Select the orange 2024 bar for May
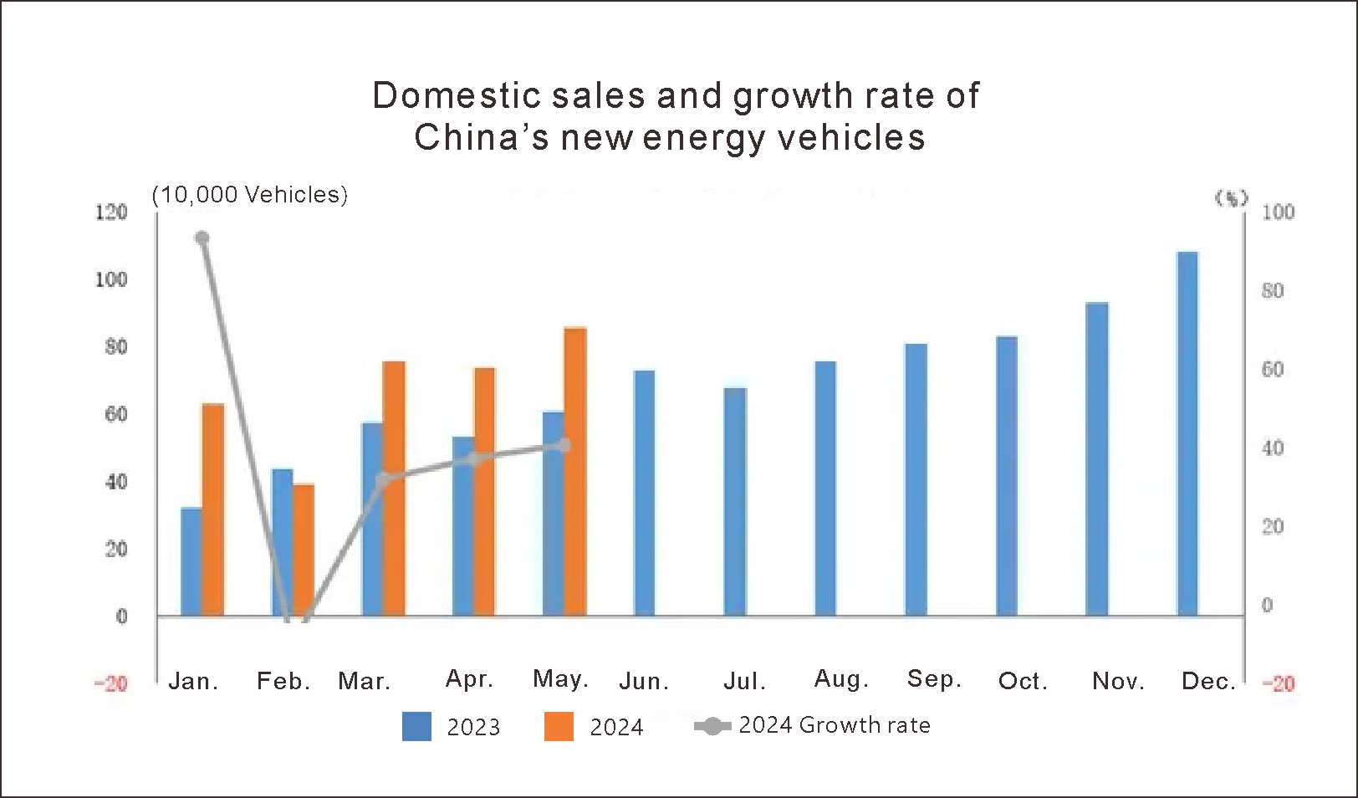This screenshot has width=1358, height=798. click(x=575, y=472)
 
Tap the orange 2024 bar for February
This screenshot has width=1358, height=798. click(x=304, y=550)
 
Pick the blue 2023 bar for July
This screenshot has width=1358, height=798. click(x=735, y=502)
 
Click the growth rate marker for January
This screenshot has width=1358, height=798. click(x=202, y=238)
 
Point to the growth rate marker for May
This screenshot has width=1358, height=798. click(x=564, y=445)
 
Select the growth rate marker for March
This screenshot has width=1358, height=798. click(x=383, y=480)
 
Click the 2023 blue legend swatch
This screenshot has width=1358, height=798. click(x=416, y=726)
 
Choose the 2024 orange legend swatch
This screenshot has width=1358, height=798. click(x=559, y=726)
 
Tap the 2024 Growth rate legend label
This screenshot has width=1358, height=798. click(x=834, y=725)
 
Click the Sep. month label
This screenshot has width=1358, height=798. click(x=934, y=679)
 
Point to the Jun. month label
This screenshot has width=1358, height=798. click(x=644, y=682)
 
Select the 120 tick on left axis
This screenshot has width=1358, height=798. click(x=110, y=212)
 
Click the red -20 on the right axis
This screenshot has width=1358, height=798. click(x=1278, y=684)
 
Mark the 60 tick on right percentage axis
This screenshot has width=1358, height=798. click(x=1272, y=370)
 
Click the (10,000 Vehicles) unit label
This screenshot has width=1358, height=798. click(x=249, y=195)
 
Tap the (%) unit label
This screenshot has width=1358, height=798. click(x=1231, y=198)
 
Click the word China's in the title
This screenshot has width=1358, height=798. click(x=481, y=137)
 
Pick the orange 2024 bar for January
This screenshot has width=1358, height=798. click(x=213, y=509)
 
